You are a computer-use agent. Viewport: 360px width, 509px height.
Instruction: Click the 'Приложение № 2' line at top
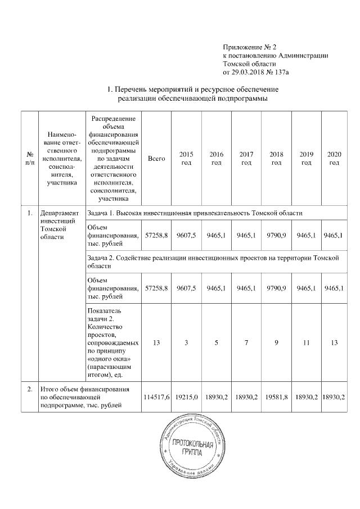click(246, 47)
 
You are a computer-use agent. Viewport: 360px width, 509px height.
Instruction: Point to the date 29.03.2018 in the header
click(250, 72)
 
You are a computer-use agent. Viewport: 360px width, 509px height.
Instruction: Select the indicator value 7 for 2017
click(246, 342)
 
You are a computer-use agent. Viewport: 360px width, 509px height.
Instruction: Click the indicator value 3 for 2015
click(186, 342)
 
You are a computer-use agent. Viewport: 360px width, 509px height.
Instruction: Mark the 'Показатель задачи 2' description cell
click(110, 342)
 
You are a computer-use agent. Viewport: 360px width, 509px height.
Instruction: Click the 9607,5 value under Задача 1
click(186, 236)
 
